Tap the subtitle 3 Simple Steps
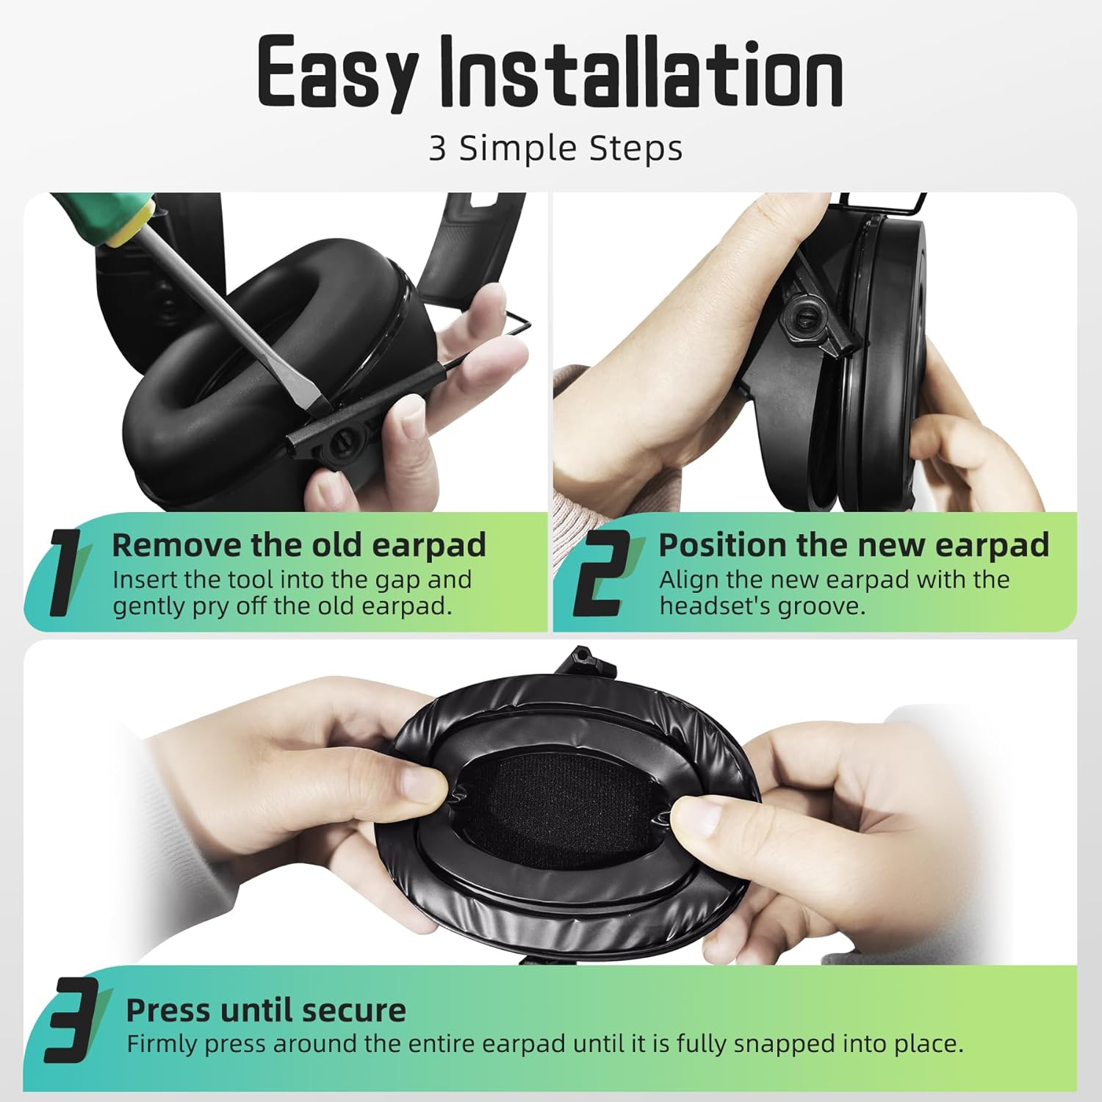click(555, 148)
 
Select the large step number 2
click(600, 573)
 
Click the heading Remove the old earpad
click(298, 545)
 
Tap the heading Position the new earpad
click(853, 545)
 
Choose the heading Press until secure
click(265, 1010)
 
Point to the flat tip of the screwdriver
click(314, 400)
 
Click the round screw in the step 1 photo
click(342, 444)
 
